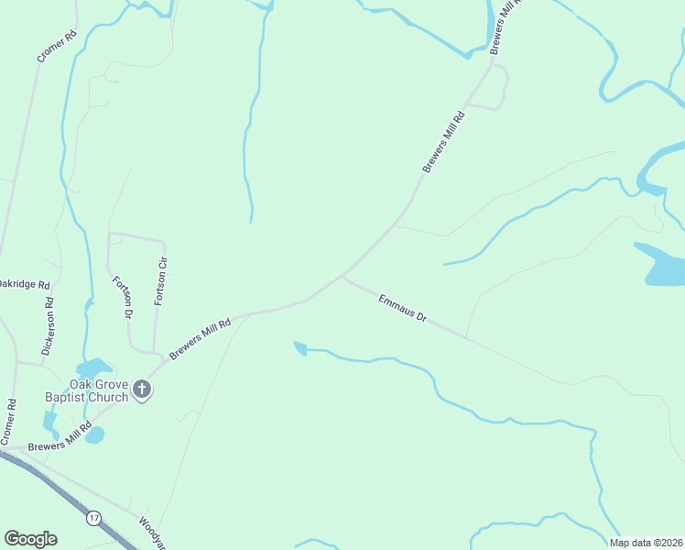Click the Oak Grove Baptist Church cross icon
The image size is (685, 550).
pyautogui.click(x=142, y=390)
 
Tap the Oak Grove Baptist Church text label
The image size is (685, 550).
pyautogui.click(x=87, y=391)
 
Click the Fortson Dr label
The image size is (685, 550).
pyautogui.click(x=120, y=297)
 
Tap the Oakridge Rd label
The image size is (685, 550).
pyautogui.click(x=24, y=285)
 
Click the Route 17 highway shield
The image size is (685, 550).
pyautogui.click(x=93, y=518)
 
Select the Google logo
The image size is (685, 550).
pyautogui.click(x=30, y=539)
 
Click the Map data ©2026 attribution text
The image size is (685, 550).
pyautogui.click(x=646, y=543)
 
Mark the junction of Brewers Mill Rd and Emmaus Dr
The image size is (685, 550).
pyautogui.click(x=343, y=274)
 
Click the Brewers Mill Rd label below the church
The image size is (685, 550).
pyautogui.click(x=60, y=438)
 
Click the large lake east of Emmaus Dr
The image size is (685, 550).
pyautogui.click(x=661, y=264)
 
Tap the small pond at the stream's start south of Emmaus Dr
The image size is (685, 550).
pyautogui.click(x=299, y=347)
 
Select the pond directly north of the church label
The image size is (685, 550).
pyautogui.click(x=94, y=368)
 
